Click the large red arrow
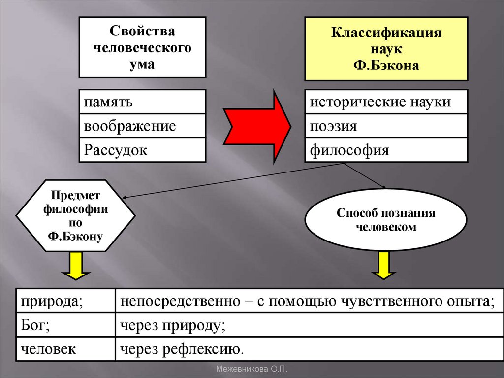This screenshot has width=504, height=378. (256, 126)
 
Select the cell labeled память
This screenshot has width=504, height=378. (142, 102)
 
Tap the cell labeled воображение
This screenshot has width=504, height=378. (142, 126)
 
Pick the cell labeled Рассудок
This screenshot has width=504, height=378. (142, 149)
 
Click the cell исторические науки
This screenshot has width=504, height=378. (386, 102)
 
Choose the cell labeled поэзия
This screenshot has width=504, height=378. (386, 126)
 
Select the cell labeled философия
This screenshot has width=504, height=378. (386, 149)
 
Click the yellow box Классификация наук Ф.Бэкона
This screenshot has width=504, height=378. (386, 48)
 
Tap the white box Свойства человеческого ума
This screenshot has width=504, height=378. (142, 47)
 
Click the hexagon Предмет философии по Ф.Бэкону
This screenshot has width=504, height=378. (75, 215)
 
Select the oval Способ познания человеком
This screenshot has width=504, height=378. (386, 220)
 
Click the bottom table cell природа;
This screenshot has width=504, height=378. (65, 301)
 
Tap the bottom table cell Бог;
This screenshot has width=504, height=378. (65, 325)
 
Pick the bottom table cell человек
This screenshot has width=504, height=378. (65, 349)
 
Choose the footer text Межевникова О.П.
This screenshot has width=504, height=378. (252, 369)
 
